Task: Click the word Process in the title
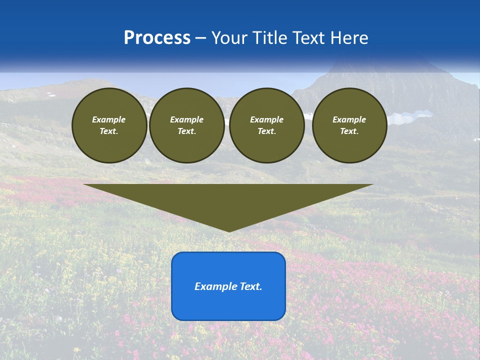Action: tap(157, 37)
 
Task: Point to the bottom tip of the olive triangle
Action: tap(229, 231)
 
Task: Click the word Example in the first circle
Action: tap(109, 119)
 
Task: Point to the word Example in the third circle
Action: tap(266, 119)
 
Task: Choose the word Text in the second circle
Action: tap(186, 131)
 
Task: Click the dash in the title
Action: tap(201, 38)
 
